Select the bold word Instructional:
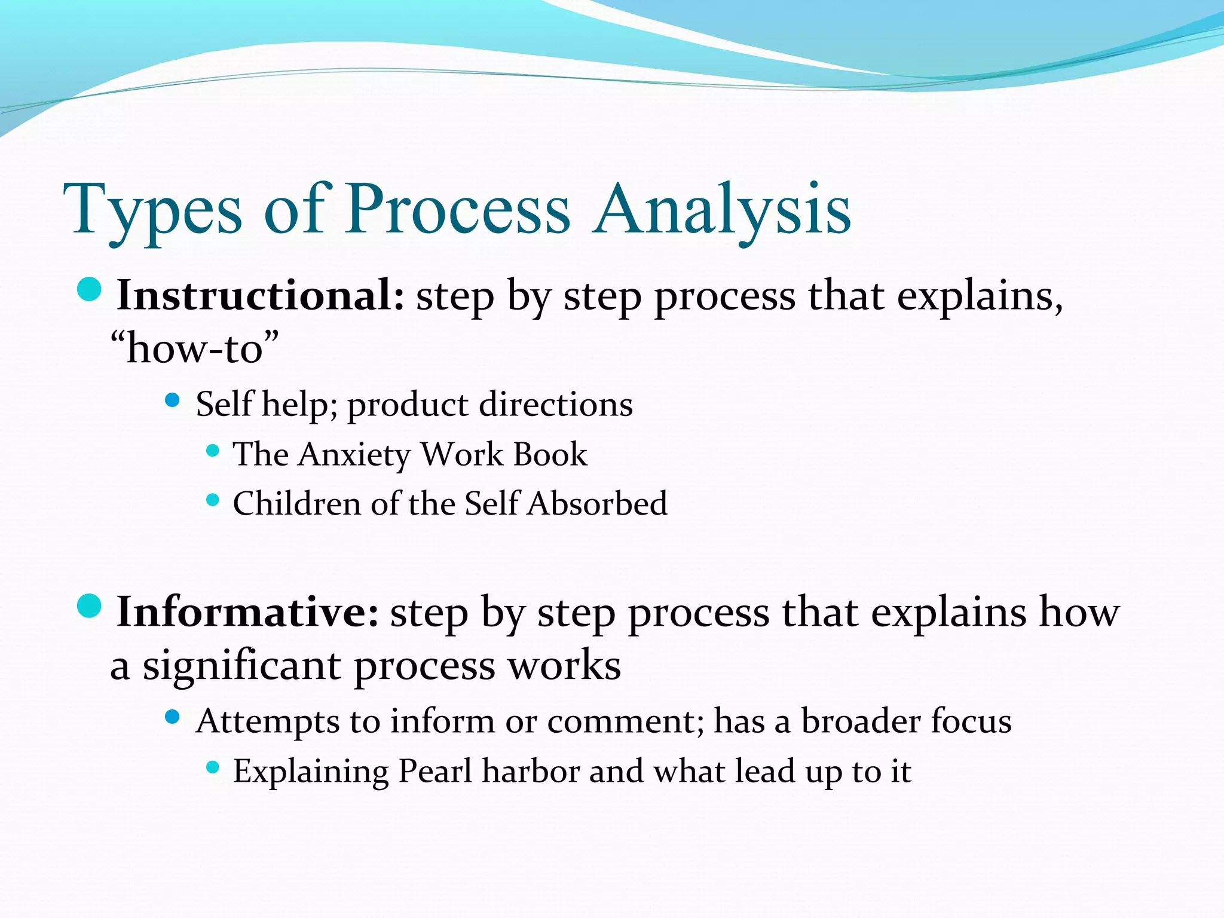[261, 295]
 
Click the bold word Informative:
[247, 612]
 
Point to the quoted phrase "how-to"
[195, 348]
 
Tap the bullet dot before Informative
[90, 607]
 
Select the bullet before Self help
[172, 400]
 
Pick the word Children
[296, 503]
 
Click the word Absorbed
[597, 503]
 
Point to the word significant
[241, 665]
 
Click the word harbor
[531, 771]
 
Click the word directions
[556, 405]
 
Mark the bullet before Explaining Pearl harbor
[213, 767]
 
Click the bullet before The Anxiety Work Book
[213, 450]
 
